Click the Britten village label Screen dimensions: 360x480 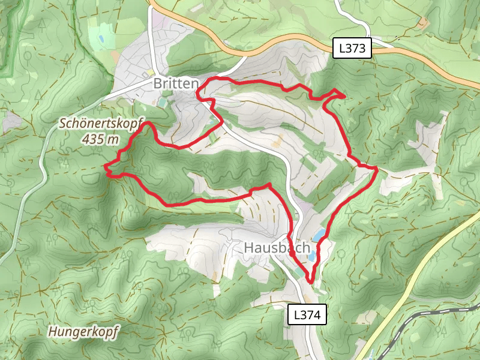[x=175, y=84]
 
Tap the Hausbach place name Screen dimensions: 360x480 [x=277, y=248]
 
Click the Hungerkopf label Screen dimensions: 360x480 [x=85, y=331]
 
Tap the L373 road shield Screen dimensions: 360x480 [x=353, y=49]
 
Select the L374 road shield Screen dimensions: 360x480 [x=308, y=314]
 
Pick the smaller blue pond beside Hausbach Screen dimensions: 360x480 [x=312, y=256]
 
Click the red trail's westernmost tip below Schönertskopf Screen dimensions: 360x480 [x=106, y=166]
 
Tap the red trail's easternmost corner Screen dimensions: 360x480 [x=377, y=169]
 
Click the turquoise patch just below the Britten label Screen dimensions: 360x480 [x=161, y=103]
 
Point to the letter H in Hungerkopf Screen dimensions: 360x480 [x=53, y=331]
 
